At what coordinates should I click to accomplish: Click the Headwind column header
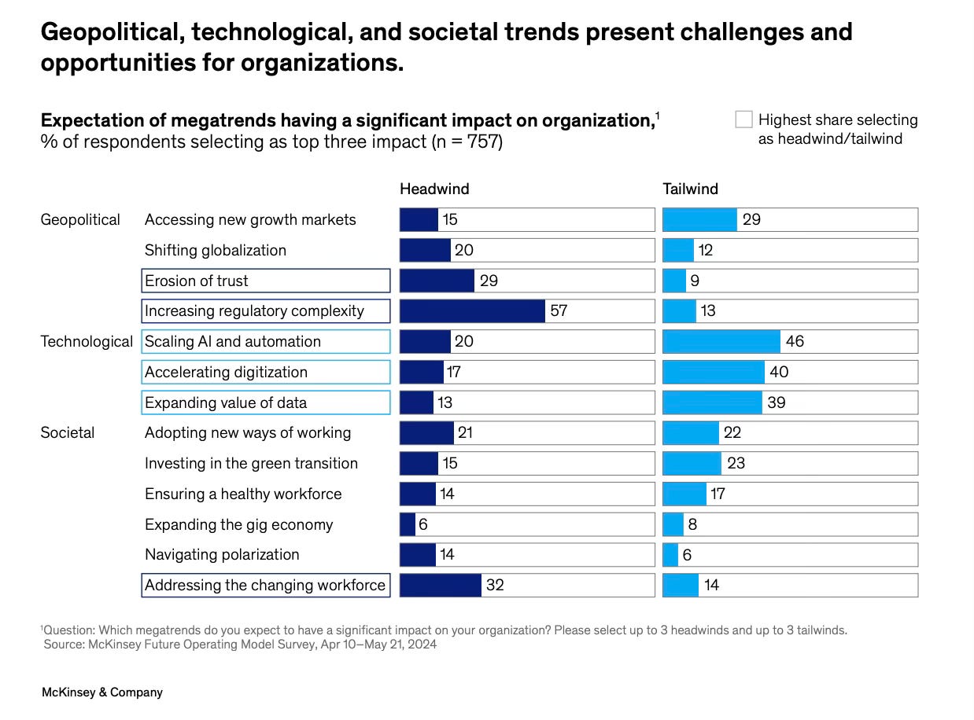pyautogui.click(x=434, y=189)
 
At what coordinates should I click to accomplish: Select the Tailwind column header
pyautogui.click(x=690, y=189)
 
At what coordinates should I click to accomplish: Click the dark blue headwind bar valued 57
pyautogui.click(x=472, y=311)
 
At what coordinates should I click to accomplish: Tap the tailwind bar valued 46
pyautogui.click(x=721, y=341)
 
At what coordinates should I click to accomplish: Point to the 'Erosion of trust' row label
pyautogui.click(x=197, y=281)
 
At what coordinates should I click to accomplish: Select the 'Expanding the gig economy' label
pyautogui.click(x=238, y=524)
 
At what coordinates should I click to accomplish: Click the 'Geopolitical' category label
pyautogui.click(x=80, y=219)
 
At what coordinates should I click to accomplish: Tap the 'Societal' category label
pyautogui.click(x=68, y=432)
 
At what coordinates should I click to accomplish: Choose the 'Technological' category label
pyautogui.click(x=87, y=341)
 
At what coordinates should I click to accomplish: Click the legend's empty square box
pyautogui.click(x=743, y=119)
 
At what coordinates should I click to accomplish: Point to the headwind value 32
pyautogui.click(x=495, y=585)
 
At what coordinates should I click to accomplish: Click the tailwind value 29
pyautogui.click(x=751, y=219)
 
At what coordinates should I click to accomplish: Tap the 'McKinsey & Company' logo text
pyautogui.click(x=101, y=692)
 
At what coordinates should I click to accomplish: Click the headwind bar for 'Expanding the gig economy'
pyautogui.click(x=408, y=524)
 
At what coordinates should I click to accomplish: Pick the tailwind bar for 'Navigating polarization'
pyautogui.click(x=670, y=555)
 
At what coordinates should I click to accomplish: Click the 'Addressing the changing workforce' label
pyautogui.click(x=265, y=585)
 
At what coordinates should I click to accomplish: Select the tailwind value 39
pyautogui.click(x=776, y=402)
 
